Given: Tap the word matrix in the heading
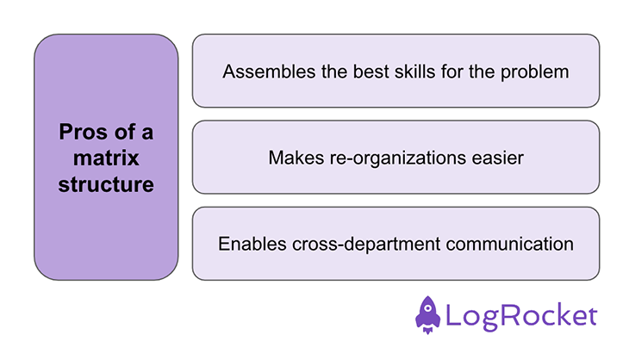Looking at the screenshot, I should pos(106,158).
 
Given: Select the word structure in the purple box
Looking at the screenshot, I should pos(106,183).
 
